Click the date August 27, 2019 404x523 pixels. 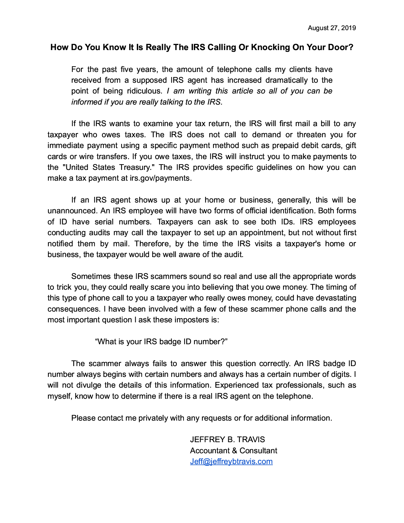(332, 28)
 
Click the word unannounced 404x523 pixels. (72, 211)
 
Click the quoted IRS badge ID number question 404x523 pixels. (161, 342)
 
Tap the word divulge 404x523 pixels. (89, 385)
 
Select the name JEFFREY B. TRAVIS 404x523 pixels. (227, 440)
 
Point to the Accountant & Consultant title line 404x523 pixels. (234, 451)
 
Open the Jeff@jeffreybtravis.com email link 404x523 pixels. (231, 462)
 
